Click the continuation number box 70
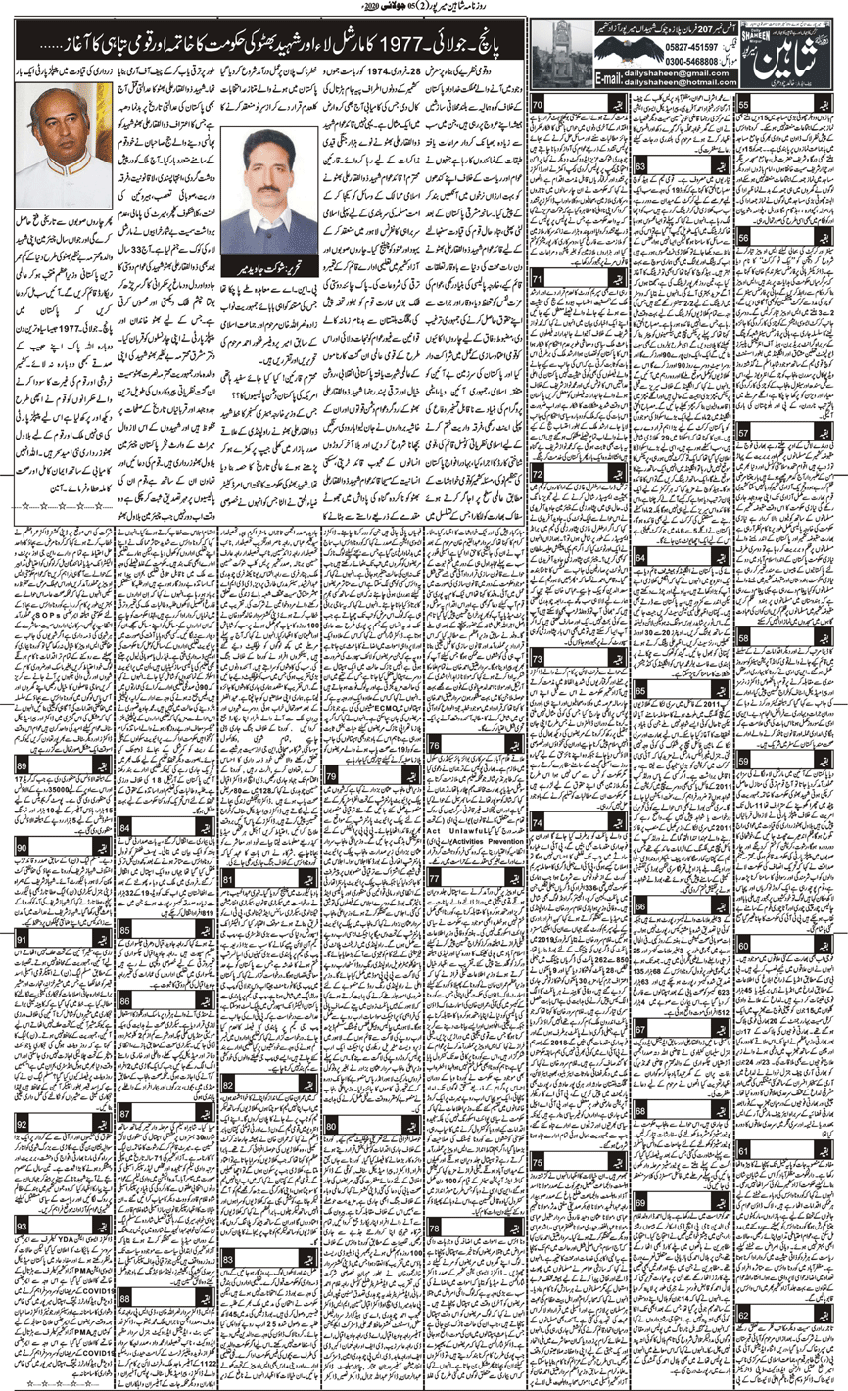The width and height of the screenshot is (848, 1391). (542, 106)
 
